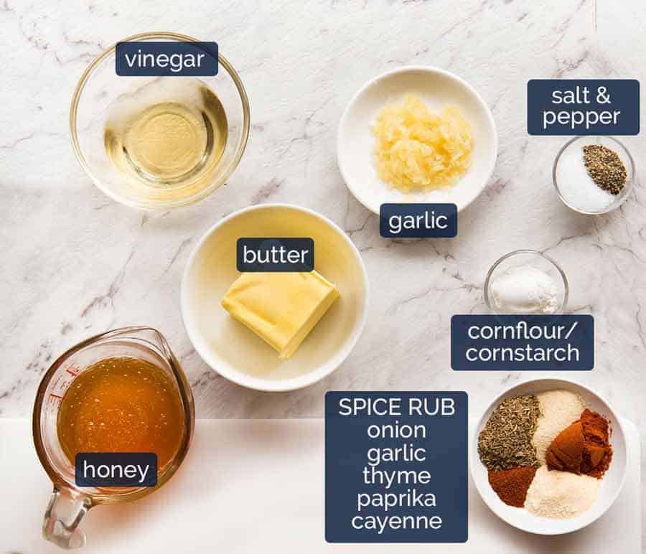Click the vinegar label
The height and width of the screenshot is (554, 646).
point(167,59)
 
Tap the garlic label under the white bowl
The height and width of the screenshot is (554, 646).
point(418,220)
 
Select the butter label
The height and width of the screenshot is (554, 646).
point(275,255)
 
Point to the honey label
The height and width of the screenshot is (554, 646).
point(116,471)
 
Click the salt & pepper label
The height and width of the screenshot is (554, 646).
point(582,107)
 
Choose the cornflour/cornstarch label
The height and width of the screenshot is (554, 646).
point(522,342)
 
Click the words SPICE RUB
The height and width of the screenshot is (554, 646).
point(396,408)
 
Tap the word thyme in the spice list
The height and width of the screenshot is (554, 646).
point(396,476)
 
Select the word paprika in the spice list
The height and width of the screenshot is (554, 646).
point(396,498)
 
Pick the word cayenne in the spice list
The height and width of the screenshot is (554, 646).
point(396,520)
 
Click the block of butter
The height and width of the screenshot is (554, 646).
point(280,309)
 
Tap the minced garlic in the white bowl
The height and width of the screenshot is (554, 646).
point(422,144)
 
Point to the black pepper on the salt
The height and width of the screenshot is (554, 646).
point(605,168)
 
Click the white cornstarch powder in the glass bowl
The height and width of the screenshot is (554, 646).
point(525,288)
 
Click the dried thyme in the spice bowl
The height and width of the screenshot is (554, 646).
point(507,431)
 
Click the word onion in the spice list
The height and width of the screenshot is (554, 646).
point(396,431)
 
